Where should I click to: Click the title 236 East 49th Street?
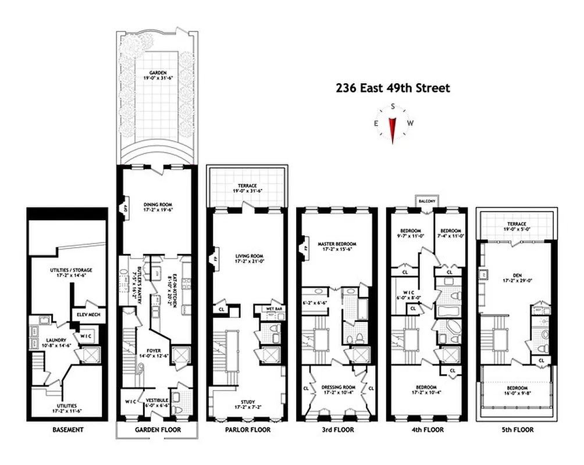click(x=393, y=88)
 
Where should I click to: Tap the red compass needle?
click(x=393, y=128)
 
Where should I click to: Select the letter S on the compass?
click(x=393, y=106)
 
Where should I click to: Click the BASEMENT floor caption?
click(x=67, y=430)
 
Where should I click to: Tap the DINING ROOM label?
click(x=154, y=204)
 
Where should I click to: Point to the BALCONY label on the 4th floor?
click(x=427, y=201)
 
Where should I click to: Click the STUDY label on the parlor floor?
click(x=247, y=402)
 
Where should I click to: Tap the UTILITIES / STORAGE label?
click(x=72, y=270)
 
